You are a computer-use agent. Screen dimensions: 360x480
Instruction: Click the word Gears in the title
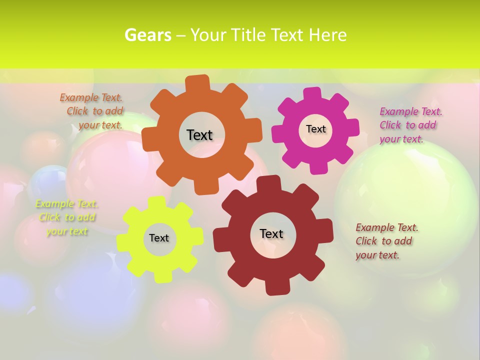(147, 35)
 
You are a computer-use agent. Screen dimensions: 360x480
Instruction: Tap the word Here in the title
(327, 35)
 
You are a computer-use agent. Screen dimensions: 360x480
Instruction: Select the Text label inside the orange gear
(199, 135)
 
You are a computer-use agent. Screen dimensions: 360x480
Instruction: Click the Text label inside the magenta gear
(315, 129)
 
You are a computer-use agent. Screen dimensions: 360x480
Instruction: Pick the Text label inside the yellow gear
(159, 238)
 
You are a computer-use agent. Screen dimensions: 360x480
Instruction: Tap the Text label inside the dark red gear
(271, 233)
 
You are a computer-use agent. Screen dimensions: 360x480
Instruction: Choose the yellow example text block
(67, 217)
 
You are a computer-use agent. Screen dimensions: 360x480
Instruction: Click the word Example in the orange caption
(79, 97)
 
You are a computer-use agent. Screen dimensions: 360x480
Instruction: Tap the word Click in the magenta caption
(390, 125)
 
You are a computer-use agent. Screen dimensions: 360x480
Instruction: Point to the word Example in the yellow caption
(54, 203)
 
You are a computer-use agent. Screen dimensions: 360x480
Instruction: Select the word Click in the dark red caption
(366, 241)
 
